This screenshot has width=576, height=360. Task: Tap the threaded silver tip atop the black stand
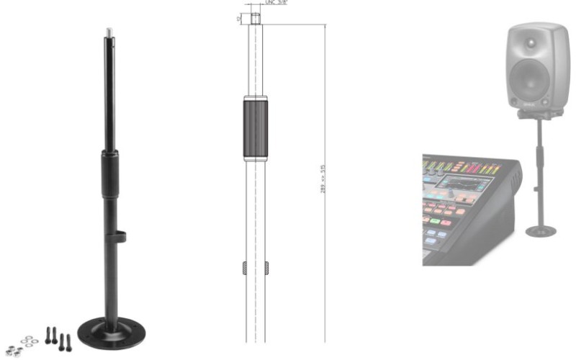pos(109,31)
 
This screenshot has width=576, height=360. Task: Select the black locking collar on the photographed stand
pos(109,174)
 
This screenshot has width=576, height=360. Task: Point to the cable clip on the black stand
pos(121,235)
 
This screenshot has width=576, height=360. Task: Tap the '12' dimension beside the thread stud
pos(239,17)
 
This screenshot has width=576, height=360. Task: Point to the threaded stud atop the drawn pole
pos(256,17)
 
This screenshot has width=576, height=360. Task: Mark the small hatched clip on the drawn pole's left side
pos(244,269)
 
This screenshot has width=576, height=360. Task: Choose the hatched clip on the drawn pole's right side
pos(267,269)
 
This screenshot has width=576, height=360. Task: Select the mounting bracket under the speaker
pos(539,113)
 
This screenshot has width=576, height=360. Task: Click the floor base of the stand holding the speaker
pos(540,231)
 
